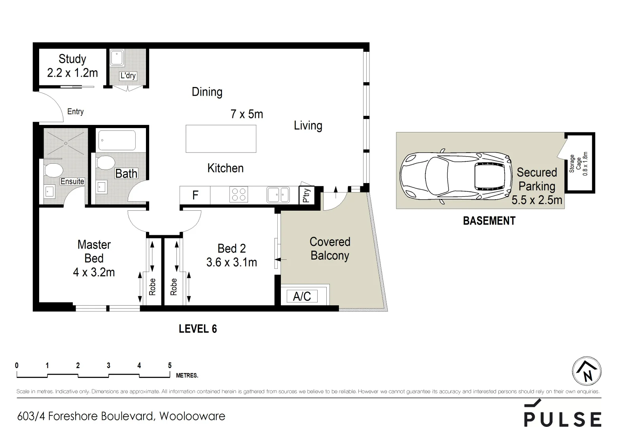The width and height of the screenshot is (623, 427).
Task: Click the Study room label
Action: coord(72,59)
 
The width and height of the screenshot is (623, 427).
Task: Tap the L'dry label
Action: coord(128,76)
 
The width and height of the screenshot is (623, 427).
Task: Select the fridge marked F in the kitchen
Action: coord(195,195)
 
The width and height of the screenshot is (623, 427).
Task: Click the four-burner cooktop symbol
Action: coord(239,195)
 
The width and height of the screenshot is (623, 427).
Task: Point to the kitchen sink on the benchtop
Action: coord(278,195)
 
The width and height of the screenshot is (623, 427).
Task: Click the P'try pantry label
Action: coord(307,195)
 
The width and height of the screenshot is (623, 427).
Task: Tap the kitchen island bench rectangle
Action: coord(221,138)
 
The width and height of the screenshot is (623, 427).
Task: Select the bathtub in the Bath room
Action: coord(117,140)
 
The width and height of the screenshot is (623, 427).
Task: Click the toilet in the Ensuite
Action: coord(54,171)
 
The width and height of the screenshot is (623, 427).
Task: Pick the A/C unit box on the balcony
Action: coord(302,296)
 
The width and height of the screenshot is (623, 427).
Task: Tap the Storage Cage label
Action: coord(579,164)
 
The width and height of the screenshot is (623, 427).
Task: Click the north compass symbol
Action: coord(587,371)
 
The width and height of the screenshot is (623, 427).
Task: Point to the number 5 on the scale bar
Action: coord(170,366)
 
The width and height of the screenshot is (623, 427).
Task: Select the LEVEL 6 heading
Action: coord(197,329)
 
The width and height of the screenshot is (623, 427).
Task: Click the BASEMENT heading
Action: coord(489,221)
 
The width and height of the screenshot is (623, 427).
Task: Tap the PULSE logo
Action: coord(562,415)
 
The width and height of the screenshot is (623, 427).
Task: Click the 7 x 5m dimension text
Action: coord(246,114)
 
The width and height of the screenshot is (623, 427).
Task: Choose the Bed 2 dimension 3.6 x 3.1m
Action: coord(231,262)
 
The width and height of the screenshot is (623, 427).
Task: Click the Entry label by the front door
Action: coord(75,111)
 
